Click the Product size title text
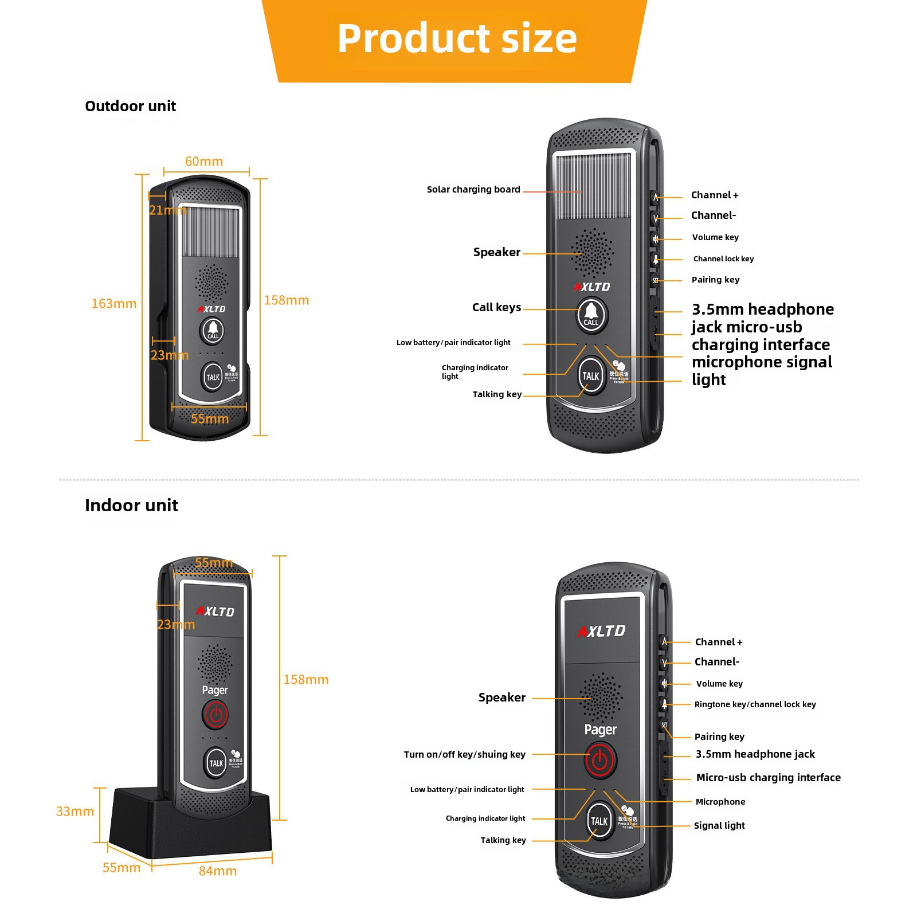457,38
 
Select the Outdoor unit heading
131,106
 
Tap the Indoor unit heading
131,505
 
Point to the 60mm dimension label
204,162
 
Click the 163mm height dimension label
114,304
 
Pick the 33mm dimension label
75,812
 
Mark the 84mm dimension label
218,871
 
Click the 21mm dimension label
167,210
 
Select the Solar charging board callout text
473,190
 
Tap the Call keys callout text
496,308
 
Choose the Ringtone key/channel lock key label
755,704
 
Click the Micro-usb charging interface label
768,778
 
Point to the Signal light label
719,825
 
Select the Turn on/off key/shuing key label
464,754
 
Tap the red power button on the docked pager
215,715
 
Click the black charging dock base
189,825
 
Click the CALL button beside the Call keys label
591,314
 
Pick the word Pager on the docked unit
215,691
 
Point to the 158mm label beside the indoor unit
306,680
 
